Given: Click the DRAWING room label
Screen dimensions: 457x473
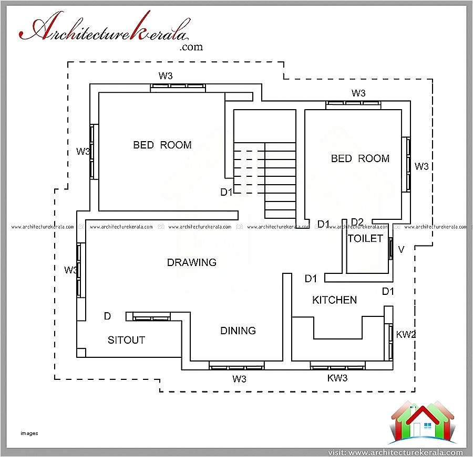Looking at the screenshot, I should point(191,262).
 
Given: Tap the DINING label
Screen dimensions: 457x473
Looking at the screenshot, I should point(238,331).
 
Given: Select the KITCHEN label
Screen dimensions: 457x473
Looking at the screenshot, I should point(334,300).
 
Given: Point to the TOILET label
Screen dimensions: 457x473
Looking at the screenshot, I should point(365,239).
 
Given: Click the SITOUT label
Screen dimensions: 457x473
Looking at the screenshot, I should point(126,340).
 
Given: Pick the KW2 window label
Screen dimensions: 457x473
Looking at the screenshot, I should point(406,335).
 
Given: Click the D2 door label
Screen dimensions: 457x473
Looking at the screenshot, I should point(357,222).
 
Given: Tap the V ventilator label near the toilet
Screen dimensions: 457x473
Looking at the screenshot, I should point(401,250).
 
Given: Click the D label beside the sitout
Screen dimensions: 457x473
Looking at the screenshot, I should point(107,316).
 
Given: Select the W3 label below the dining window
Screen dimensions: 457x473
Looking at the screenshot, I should point(239,378).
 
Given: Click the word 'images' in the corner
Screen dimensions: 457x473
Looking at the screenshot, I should point(30,433).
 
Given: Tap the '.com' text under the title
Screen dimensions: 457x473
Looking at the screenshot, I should point(191,47).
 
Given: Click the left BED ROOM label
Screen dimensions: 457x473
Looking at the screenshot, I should point(162,145).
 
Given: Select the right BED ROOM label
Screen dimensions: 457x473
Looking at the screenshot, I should point(360,158).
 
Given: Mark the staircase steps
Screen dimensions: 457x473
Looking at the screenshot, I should point(280,181).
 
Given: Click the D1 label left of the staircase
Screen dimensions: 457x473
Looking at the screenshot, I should point(226,193).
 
